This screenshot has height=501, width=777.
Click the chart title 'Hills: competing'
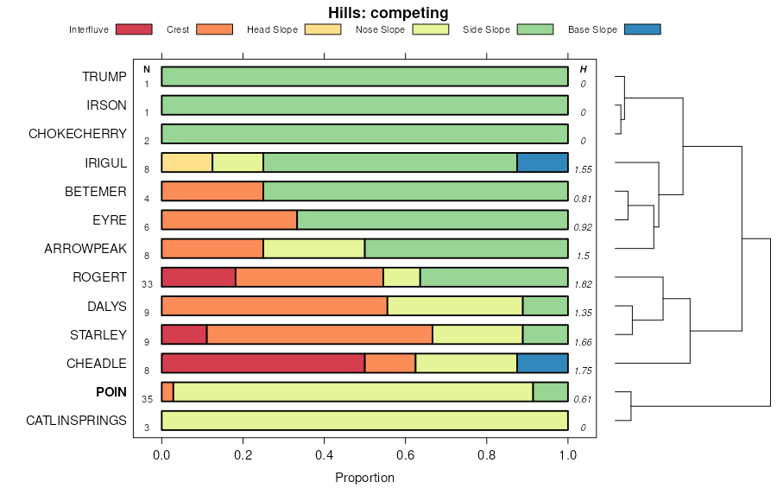click(388, 13)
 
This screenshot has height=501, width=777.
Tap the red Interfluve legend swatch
click(133, 29)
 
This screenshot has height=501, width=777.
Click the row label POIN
click(111, 392)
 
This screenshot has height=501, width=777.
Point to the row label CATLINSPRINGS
click(76, 421)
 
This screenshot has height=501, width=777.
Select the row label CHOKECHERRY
click(78, 134)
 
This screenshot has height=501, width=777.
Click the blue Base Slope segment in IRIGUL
click(542, 162)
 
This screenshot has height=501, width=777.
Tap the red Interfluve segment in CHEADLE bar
click(262, 363)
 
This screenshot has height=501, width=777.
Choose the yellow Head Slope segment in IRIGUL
click(186, 162)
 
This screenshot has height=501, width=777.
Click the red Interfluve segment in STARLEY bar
click(184, 334)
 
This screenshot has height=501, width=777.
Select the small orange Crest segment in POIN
click(167, 392)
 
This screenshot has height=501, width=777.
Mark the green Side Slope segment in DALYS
click(545, 306)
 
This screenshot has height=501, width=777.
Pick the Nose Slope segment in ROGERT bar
click(401, 277)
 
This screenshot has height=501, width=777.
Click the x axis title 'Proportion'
click(364, 478)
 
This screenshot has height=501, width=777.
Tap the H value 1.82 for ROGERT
click(583, 284)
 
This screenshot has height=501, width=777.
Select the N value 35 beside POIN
click(147, 399)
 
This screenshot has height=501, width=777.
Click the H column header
click(583, 69)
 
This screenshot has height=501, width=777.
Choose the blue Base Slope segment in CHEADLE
click(542, 363)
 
